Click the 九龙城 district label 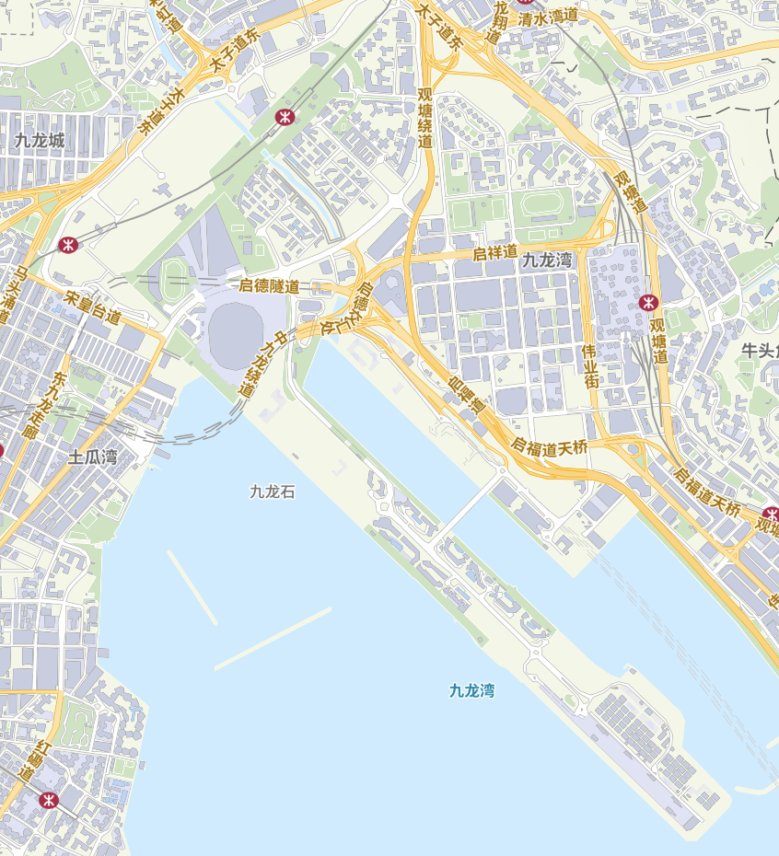(40, 141)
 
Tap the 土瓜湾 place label (93, 457)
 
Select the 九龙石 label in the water (273, 492)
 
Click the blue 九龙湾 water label (472, 690)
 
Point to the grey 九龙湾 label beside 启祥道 (547, 260)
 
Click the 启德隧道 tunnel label (269, 286)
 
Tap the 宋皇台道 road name (93, 308)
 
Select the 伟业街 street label (590, 365)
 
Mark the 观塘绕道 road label (424, 117)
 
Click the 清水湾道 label (548, 16)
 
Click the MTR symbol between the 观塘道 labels (648, 302)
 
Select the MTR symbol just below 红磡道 (49, 800)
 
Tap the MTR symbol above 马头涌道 (67, 245)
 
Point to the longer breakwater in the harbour (273, 638)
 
